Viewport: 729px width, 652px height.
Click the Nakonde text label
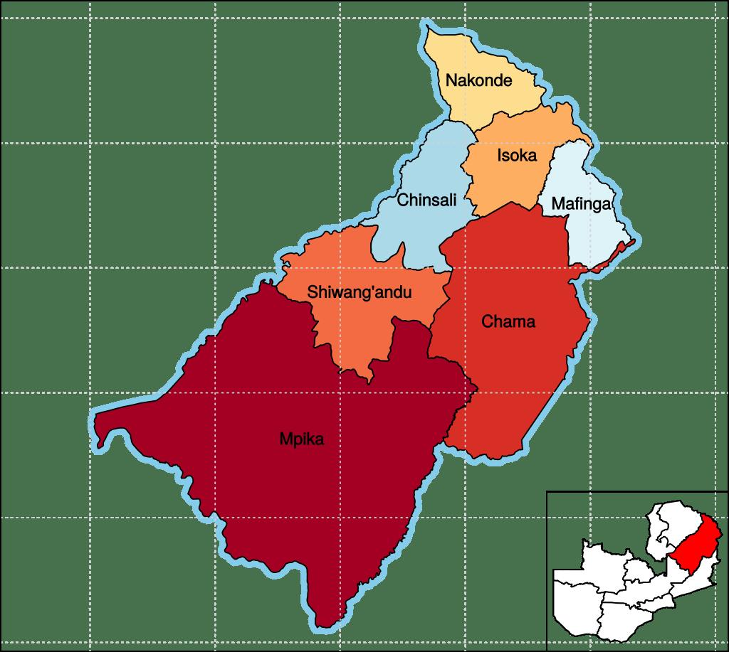coord(478,80)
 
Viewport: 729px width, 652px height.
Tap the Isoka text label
coord(516,155)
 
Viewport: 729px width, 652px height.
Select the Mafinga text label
coord(582,205)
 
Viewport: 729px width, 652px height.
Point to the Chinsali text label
coord(426,200)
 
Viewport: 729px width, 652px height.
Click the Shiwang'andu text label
coord(360,292)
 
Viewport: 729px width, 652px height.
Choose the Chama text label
coord(508,322)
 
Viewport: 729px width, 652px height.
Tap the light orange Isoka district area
coord(509,181)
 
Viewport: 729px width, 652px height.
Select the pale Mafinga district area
coord(594,235)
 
